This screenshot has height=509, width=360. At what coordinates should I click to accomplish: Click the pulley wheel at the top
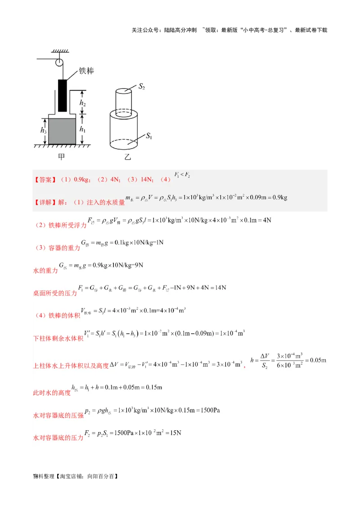point(59,62)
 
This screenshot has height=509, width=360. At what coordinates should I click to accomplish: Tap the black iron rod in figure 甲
point(63,95)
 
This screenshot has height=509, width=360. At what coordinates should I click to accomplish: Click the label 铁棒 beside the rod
point(86,71)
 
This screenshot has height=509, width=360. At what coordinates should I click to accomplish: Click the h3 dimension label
point(43,131)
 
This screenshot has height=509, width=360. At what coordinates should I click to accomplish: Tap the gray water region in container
point(62,131)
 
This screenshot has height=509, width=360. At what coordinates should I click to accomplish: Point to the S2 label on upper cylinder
point(142,86)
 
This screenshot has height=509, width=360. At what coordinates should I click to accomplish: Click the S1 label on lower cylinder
point(149,135)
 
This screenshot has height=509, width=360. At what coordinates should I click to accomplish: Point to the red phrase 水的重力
point(46,271)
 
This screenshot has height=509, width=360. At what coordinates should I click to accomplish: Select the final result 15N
point(173,433)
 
